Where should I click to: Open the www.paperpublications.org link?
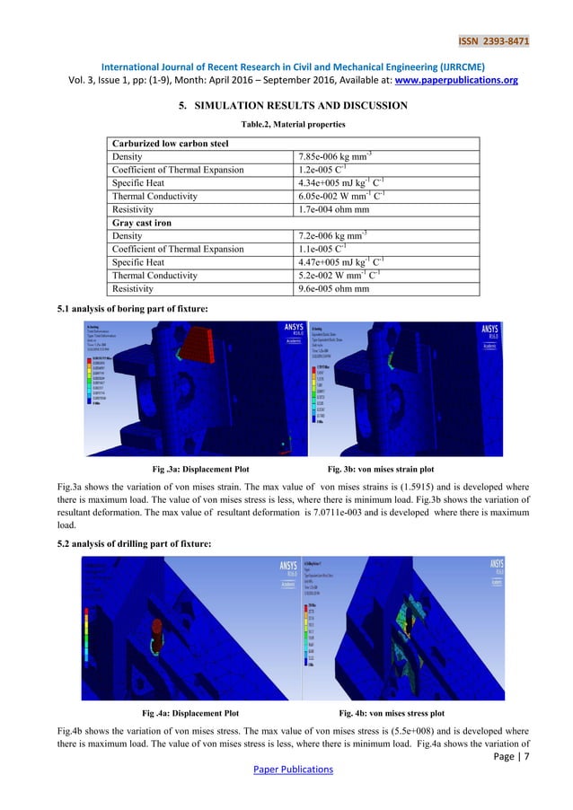[x=467, y=79]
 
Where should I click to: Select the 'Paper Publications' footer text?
[x=286, y=770]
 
